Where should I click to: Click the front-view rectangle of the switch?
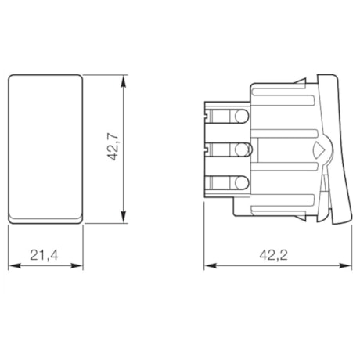45,145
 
